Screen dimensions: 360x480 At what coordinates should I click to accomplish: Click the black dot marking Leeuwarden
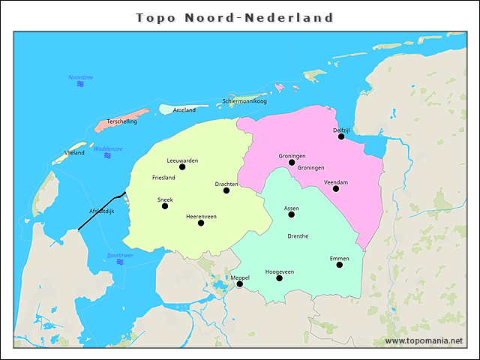[182, 167]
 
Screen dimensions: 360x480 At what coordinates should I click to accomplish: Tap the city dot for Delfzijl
[341, 136]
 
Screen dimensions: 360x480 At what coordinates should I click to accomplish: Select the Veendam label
[335, 182]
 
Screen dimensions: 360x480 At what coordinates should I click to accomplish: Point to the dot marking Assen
[292, 214]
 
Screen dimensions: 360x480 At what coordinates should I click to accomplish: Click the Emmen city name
[339, 259]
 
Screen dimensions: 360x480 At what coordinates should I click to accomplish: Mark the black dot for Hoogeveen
[280, 278]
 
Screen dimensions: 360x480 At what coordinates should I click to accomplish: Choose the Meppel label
[240, 277]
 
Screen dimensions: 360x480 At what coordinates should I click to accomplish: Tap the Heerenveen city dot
[201, 223]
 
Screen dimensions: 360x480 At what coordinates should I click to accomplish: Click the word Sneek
[165, 199]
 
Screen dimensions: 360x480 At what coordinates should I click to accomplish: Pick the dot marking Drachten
[226, 190]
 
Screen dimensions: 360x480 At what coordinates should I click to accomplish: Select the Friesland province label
[163, 178]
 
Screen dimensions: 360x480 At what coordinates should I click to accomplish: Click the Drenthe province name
[298, 236]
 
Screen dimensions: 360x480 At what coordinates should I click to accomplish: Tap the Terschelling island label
[121, 121]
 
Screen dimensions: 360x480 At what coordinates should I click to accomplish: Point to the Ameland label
[184, 110]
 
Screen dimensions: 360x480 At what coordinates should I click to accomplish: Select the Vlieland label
[74, 152]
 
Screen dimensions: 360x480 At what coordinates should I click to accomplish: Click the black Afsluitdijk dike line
[101, 209]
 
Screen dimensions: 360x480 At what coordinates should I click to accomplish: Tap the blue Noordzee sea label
[80, 77]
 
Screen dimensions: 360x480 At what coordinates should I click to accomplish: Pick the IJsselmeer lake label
[120, 255]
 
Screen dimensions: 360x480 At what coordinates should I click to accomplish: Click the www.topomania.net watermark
[423, 341]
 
